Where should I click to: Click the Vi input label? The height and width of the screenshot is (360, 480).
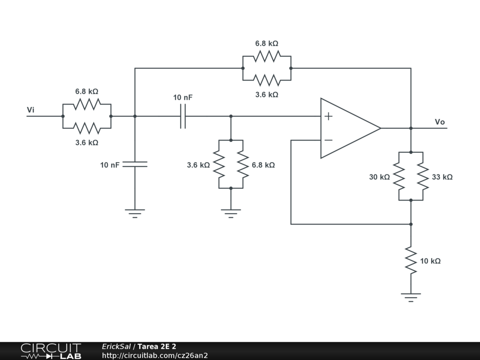coord(30,110)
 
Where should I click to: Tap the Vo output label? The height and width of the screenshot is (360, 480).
coord(440,122)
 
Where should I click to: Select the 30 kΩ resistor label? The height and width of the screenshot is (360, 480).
coord(379,177)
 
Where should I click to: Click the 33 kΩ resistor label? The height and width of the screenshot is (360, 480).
coord(442,177)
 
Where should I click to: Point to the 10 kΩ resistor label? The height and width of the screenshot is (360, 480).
coord(430,261)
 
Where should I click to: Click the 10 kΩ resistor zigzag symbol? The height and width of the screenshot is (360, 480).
coord(411,261)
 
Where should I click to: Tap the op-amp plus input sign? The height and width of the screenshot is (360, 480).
coord(328,116)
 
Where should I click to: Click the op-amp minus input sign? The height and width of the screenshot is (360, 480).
coord(328,140)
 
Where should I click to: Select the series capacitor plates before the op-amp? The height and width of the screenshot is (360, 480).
coord(183,116)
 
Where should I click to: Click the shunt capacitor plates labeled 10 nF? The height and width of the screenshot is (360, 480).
coord(135,165)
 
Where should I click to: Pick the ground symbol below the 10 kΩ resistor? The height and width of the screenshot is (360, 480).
coord(411,297)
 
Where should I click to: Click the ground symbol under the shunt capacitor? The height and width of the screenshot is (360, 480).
coord(135,213)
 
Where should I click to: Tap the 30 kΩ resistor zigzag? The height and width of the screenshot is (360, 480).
coord(399,176)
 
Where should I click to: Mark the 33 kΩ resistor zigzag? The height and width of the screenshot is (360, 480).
coord(423,176)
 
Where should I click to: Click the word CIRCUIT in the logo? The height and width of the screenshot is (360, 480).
coord(51,348)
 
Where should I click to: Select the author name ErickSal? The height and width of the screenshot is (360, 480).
coord(116,346)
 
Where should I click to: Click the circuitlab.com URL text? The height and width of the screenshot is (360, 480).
coord(155,355)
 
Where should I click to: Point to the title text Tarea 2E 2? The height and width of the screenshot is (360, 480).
coord(157,346)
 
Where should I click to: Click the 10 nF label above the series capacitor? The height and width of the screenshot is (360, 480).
coord(183,97)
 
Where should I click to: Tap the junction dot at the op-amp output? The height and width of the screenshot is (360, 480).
coord(411,128)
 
